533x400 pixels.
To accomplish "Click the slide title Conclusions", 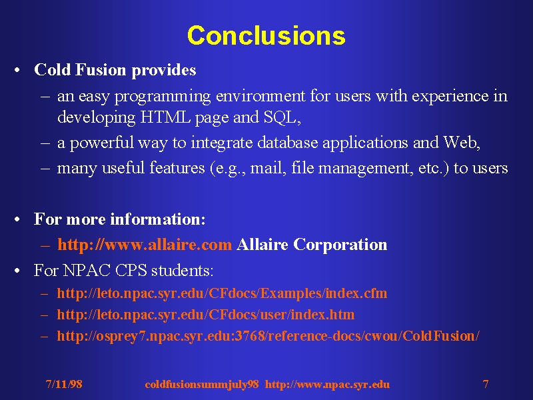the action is pos(266,35).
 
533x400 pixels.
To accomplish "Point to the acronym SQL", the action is pos(280,118).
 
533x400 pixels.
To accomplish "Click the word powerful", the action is pos(102,143).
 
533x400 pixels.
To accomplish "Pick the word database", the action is pos(288,142).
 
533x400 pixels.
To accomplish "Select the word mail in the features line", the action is pos(266,168).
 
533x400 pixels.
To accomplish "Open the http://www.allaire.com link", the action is pos(145,245).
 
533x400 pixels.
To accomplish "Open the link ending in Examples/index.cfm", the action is pos(222,293).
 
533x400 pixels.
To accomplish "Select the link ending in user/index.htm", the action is pos(206,315).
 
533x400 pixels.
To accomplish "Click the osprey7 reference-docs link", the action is pos(268,336).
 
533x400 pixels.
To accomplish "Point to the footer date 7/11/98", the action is pos(64,384).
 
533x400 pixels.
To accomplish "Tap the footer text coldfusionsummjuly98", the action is pos(202,385).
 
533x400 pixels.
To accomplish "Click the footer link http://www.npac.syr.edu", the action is pos(327,385).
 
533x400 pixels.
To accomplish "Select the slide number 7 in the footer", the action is pos(486,384).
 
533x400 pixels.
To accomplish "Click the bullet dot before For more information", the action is pos(17,219).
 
